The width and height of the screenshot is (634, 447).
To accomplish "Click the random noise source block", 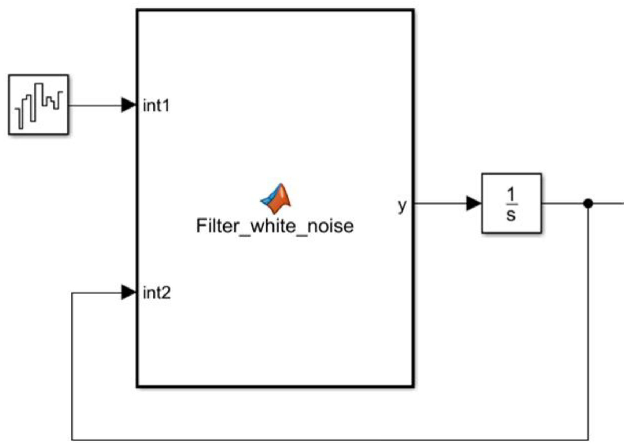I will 38,105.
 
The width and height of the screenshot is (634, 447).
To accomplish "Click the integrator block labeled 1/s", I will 511,203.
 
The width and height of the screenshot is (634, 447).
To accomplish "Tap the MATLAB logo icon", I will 276,198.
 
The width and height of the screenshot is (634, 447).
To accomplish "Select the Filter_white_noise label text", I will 275,226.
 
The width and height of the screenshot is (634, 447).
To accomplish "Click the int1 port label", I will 156,106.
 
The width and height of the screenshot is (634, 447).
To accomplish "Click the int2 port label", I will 157,293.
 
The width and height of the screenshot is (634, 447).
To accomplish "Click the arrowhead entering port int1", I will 128,105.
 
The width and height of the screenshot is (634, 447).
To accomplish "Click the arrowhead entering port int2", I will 128,292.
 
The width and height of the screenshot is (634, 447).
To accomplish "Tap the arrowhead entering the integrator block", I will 473,203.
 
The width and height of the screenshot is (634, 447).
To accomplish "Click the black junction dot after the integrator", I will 588,203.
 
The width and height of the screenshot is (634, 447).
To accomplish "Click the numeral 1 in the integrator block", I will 511,194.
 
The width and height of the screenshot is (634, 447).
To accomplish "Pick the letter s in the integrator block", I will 511,215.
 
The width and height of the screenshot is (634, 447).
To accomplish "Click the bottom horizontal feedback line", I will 330,439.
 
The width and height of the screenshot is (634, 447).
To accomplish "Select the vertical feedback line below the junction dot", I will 588,323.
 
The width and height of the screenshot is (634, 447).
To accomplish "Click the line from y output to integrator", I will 440,203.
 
